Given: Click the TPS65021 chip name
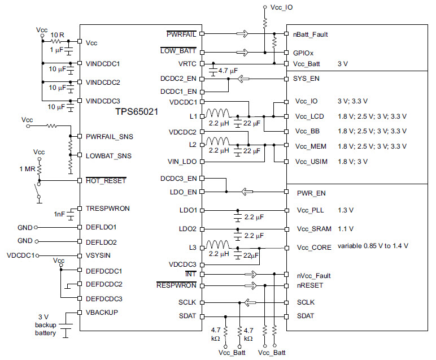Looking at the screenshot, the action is click(x=137, y=111).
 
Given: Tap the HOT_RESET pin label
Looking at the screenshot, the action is click(x=106, y=181).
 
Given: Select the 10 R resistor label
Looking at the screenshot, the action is click(x=57, y=35).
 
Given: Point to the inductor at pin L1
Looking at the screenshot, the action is click(x=218, y=113).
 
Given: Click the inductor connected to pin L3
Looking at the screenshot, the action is click(x=218, y=244).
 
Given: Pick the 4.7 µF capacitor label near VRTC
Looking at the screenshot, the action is click(x=228, y=71).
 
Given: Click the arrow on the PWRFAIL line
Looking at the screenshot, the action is click(x=242, y=34).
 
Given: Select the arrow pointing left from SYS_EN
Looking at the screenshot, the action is click(x=243, y=79).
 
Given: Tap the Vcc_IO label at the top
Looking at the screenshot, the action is click(x=281, y=7).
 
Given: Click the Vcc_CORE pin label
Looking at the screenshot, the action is click(x=314, y=248).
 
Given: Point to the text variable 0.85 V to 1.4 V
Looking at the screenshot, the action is click(x=373, y=246).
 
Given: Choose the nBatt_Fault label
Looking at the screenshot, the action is click(x=310, y=34).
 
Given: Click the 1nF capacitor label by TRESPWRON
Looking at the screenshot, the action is click(x=59, y=214).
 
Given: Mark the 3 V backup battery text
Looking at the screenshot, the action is click(x=45, y=325).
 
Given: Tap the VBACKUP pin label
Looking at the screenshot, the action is click(x=102, y=313).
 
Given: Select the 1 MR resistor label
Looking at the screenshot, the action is click(x=27, y=169).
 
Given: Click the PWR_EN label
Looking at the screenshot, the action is click(x=311, y=193).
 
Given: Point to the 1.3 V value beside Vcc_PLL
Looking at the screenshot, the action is click(x=346, y=210).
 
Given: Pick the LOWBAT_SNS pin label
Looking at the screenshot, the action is click(x=108, y=156).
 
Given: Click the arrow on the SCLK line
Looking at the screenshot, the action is click(x=250, y=302).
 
